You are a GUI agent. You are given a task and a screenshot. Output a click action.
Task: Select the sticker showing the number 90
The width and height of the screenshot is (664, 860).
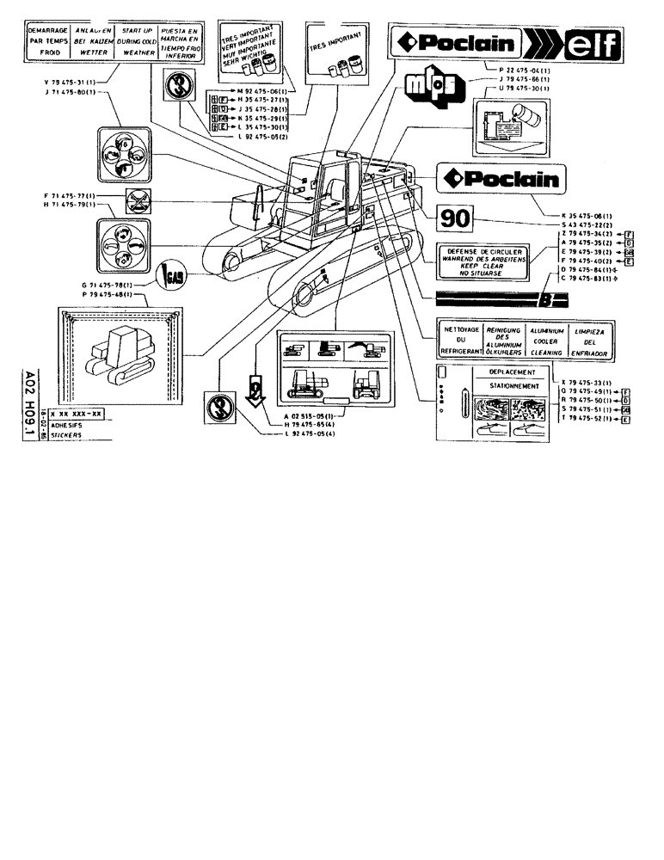pos(453,219)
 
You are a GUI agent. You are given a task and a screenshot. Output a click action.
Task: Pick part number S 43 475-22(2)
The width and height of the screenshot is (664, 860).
pos(574,222)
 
